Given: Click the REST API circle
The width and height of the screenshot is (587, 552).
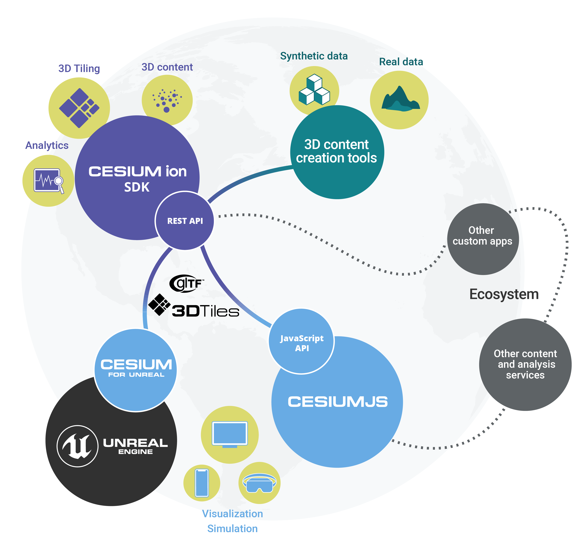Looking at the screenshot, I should [185, 221].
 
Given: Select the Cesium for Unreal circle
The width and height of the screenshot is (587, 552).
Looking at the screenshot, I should [136, 370].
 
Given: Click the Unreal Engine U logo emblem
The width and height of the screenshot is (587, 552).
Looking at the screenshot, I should [77, 446].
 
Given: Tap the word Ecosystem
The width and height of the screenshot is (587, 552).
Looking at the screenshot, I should [504, 294].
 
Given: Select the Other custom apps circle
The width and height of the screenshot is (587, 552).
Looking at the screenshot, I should [483, 239].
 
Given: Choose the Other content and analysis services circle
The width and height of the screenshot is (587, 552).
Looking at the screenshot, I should [525, 364].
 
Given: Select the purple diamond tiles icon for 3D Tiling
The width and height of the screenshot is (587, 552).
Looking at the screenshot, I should [79, 108].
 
